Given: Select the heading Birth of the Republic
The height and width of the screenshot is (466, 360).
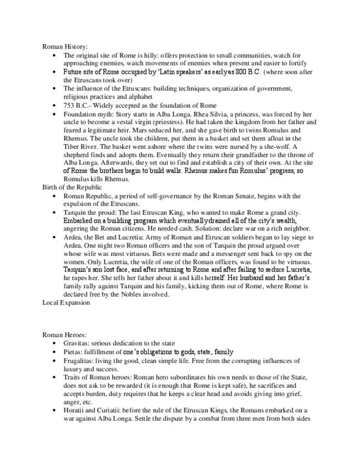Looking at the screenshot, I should (70, 205).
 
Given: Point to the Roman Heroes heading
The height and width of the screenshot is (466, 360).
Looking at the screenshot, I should (61, 335).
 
